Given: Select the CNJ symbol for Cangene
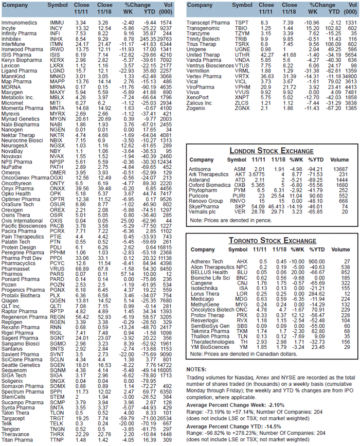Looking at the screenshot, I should [242, 283].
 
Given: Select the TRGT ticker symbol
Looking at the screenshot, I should [57, 418].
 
